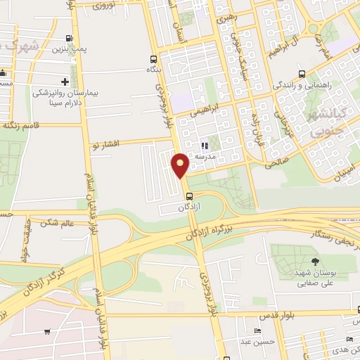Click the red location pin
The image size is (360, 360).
[x=180, y=165]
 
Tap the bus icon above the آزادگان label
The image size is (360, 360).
[x=188, y=198]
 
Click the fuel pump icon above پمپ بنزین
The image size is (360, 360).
[x=68, y=38]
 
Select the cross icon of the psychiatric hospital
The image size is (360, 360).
[x=65, y=82]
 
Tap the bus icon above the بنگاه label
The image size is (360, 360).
[x=153, y=59]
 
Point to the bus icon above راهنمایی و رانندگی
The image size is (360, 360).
[x=302, y=74]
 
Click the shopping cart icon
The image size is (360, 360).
[x=46, y=331]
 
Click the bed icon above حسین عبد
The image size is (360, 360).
[x=257, y=330]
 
